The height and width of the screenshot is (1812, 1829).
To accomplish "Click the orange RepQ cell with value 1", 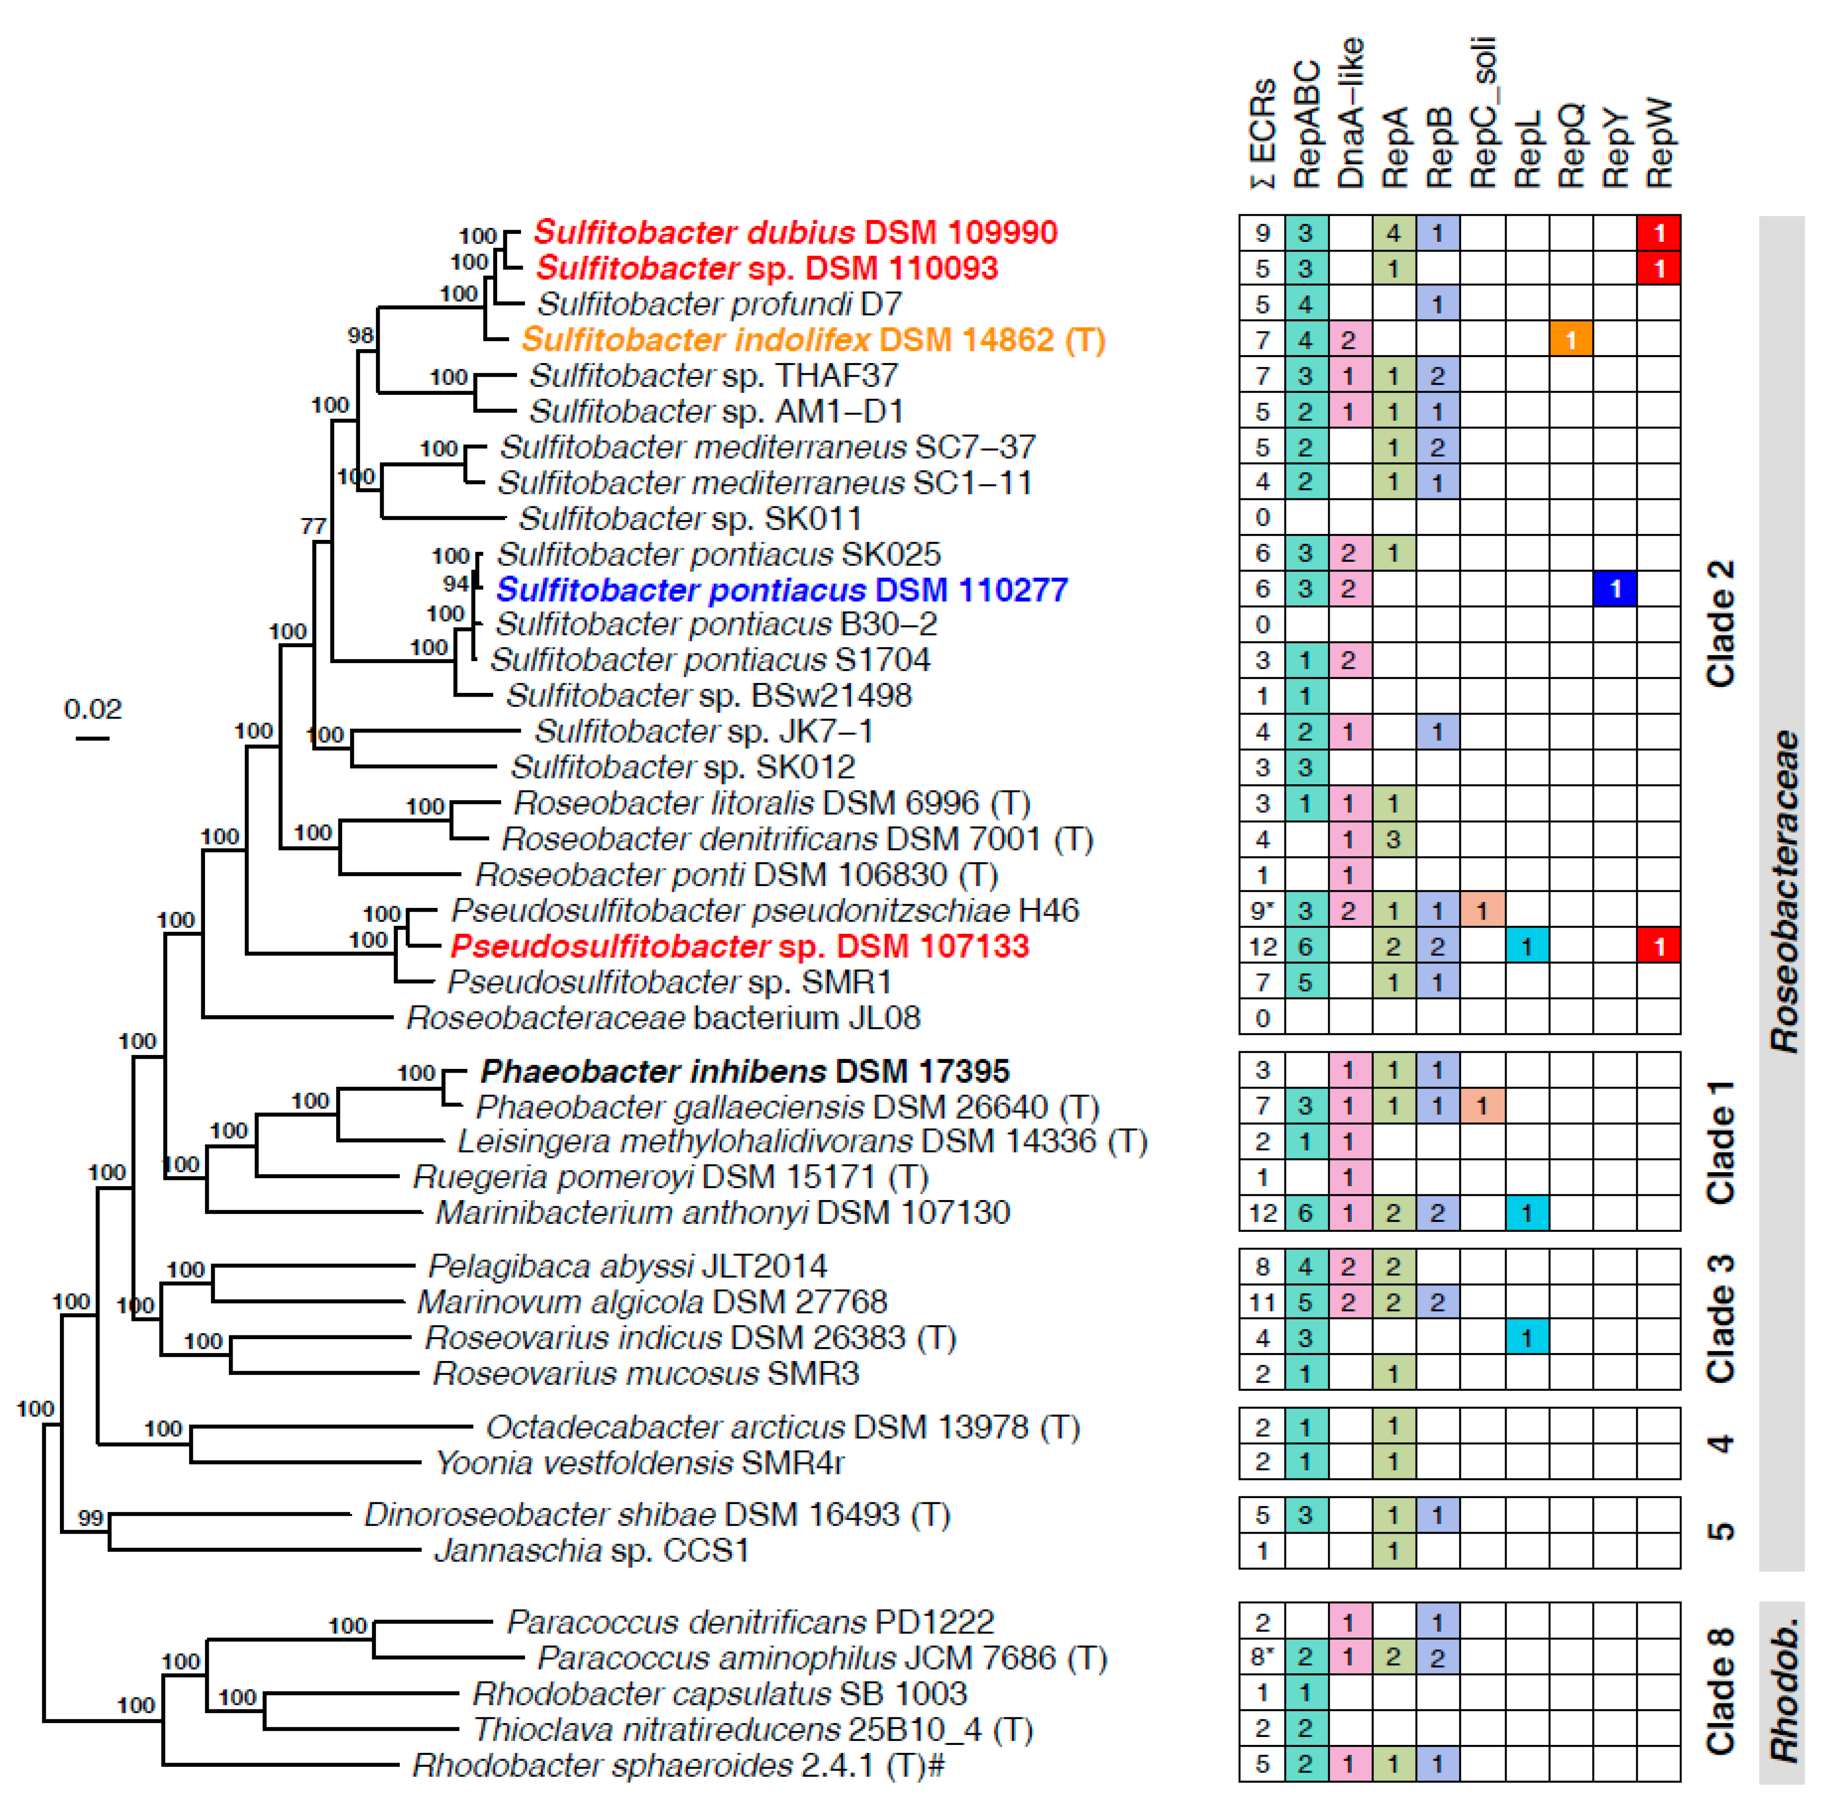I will pos(1570,340).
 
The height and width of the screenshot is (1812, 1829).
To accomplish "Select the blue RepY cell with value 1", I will pos(1615,589).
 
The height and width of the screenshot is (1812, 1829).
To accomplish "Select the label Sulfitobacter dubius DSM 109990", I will pos(795,233).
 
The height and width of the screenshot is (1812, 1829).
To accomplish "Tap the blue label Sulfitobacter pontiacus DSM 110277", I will pos(782,590).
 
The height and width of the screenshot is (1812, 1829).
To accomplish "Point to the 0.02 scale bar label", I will pos(93,709).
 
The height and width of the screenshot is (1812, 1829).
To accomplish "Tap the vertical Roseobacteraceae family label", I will pos(1784,890).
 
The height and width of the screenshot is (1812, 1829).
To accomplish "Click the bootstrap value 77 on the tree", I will pos(313,526).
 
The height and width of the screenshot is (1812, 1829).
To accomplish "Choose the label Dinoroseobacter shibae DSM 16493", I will pos(657,1515).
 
